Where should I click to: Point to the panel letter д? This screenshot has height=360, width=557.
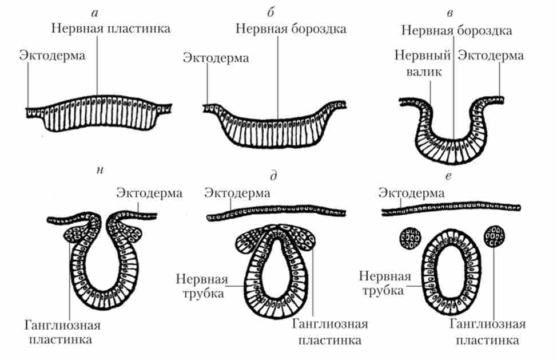(273, 177)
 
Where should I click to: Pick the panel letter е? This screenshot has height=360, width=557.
(449, 177)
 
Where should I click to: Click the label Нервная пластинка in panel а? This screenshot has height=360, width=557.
(110, 28)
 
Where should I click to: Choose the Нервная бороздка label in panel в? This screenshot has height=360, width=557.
(456, 29)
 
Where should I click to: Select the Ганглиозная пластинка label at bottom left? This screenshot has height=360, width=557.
(63, 332)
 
